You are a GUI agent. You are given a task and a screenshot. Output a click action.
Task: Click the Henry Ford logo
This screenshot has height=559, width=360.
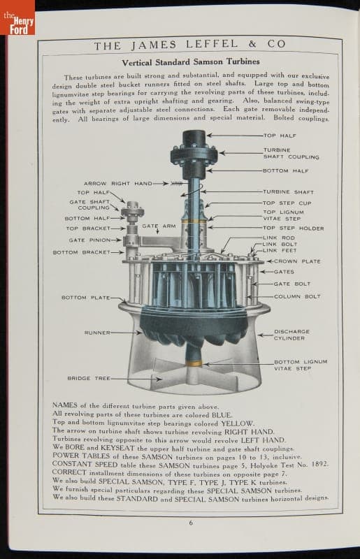[17, 18]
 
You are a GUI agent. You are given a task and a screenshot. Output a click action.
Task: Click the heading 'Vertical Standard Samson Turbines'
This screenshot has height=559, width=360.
[191, 62]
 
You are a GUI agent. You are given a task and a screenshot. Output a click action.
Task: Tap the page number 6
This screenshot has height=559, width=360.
[191, 523]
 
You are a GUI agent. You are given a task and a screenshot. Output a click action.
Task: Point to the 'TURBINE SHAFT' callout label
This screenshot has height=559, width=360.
[288, 191]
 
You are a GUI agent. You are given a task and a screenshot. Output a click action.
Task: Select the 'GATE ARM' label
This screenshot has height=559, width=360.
[159, 226]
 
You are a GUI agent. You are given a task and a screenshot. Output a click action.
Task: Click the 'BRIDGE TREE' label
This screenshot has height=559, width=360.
[89, 378]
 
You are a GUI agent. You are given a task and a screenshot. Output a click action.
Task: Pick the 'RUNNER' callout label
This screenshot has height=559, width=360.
[97, 333]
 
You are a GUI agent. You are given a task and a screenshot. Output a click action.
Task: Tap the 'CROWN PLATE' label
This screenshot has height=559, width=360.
[297, 261]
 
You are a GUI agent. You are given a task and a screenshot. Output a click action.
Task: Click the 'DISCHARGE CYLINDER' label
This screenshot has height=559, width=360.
[292, 335]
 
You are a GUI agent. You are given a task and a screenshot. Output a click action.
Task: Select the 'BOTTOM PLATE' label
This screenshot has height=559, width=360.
[85, 298]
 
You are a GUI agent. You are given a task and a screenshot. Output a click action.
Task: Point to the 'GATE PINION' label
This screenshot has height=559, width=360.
[89, 240]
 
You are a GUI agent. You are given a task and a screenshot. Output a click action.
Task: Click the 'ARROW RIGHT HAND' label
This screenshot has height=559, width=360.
[117, 183]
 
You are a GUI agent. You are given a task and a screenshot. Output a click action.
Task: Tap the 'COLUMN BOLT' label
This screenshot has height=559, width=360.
[297, 296]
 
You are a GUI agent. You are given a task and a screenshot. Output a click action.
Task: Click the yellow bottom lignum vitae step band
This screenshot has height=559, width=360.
[194, 363]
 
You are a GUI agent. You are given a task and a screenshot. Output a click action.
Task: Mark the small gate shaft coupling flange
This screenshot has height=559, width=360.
[132, 212]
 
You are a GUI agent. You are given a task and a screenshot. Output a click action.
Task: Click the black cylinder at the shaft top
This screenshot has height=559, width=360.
[194, 138]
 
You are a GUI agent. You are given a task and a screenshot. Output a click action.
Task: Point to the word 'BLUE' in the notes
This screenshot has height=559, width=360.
[222, 415]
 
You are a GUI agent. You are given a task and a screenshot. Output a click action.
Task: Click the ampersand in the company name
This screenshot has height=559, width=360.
[252, 44]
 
